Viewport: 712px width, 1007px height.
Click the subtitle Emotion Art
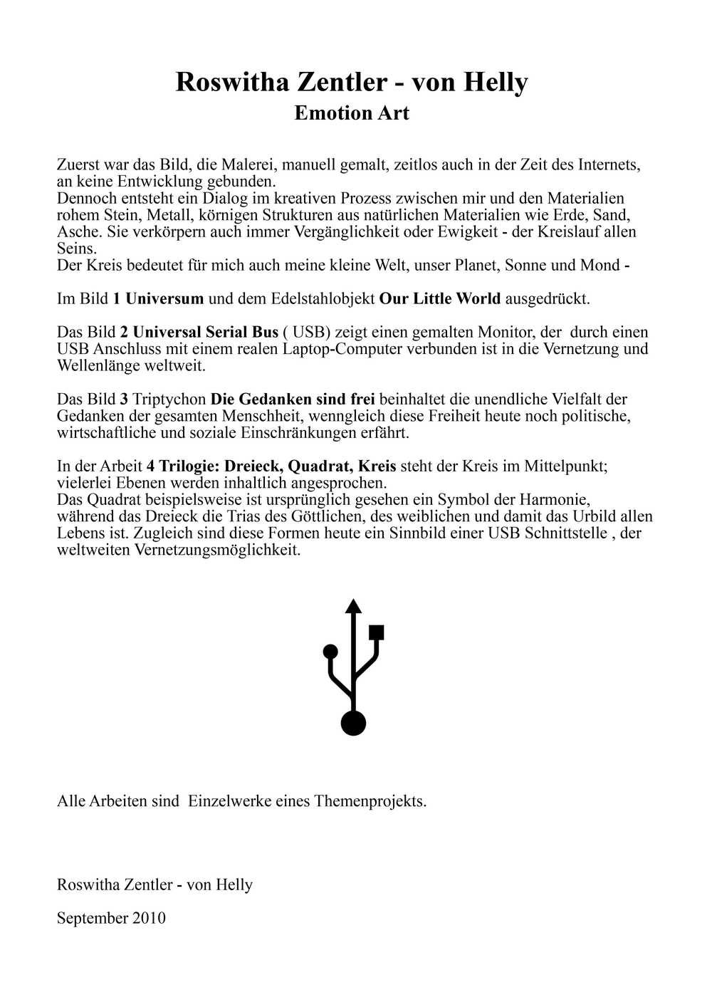(x=352, y=113)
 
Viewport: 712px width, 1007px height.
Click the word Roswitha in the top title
(x=232, y=83)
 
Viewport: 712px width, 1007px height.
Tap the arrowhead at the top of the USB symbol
(x=353, y=607)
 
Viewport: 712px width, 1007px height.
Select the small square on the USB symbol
(x=377, y=632)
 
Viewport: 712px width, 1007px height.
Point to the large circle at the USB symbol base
(x=353, y=723)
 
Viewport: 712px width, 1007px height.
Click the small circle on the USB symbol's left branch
(x=330, y=651)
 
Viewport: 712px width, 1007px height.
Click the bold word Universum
(x=164, y=298)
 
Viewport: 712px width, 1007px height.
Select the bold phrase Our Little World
(x=439, y=298)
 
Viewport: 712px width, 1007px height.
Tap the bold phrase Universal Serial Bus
(x=205, y=332)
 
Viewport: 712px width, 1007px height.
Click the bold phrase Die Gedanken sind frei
(x=293, y=399)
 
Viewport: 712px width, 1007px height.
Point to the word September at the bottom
(x=90, y=918)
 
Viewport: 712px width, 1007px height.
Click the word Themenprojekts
(x=370, y=801)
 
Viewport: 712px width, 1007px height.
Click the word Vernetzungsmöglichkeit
(x=217, y=551)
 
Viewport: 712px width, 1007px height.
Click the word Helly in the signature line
(x=234, y=885)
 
